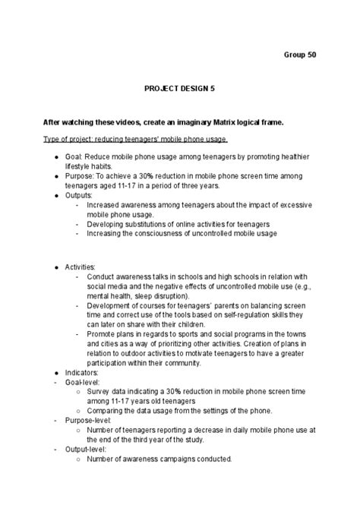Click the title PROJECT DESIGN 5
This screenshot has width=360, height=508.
(x=179, y=88)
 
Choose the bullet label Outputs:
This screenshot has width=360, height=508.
(x=79, y=195)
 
